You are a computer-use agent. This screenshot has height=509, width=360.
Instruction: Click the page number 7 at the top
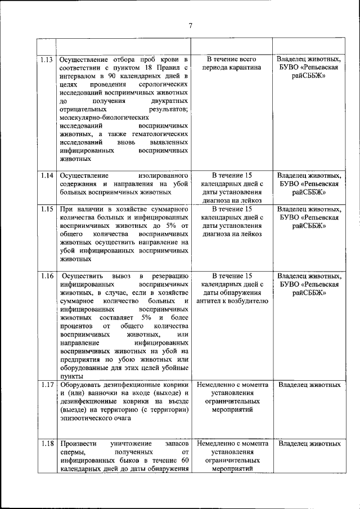pos(191,25)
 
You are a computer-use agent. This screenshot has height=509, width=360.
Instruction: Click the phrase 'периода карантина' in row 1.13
pos(232,67)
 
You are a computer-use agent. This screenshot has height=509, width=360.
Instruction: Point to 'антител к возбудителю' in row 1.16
pos(232,301)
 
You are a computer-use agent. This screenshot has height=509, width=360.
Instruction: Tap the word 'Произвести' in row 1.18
pos(78,444)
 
